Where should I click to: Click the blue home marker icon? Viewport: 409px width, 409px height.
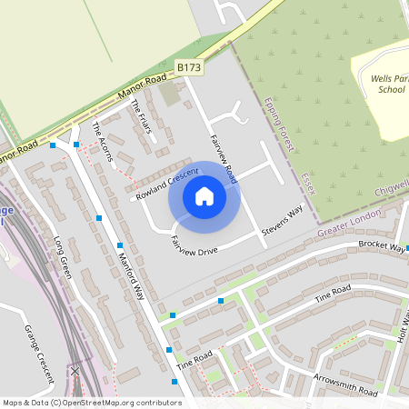click(x=204, y=196)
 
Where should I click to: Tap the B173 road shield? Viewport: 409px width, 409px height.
click(x=189, y=68)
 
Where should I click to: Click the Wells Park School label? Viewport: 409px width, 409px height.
click(x=388, y=85)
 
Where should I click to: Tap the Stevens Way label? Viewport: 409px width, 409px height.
click(x=282, y=222)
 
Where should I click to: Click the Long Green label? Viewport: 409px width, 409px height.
click(x=62, y=258)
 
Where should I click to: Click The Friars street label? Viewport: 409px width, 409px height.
click(x=140, y=120)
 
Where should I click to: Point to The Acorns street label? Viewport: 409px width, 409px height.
click(x=103, y=142)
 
